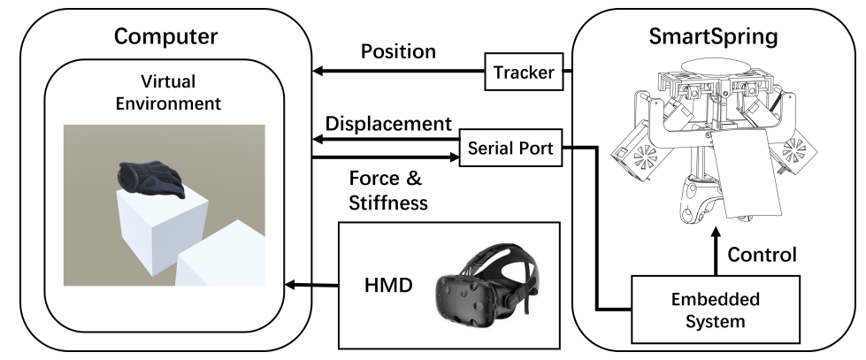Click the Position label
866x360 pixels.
(x=397, y=51)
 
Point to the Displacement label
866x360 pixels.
(x=390, y=122)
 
